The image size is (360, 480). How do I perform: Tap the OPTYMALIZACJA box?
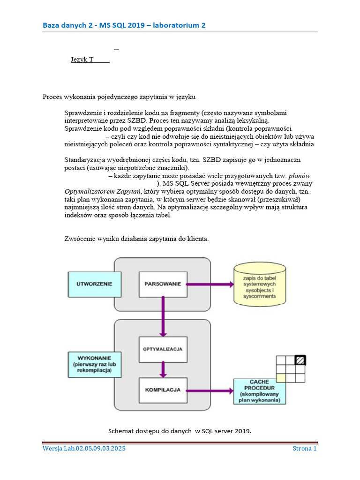coord(163,349)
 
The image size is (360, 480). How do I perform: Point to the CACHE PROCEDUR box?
coord(259,391)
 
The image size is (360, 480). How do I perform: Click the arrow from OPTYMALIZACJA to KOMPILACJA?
coord(163,369)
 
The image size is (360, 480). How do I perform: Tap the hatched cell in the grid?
coord(299,360)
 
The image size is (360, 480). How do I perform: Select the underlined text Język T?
coord(90,60)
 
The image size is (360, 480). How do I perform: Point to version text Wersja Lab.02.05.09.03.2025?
coord(84,449)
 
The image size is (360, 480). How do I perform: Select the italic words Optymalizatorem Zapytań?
coord(102,191)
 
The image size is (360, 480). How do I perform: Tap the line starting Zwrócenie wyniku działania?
coord(136,239)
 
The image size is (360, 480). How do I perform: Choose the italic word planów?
coord(299,176)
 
